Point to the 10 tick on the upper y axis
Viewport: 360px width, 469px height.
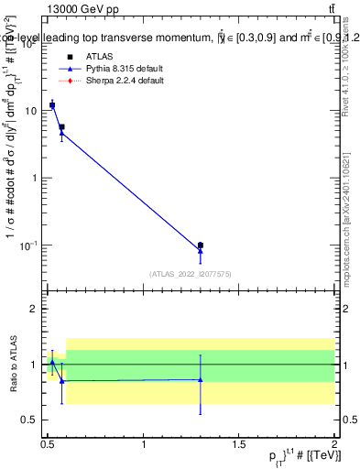34,111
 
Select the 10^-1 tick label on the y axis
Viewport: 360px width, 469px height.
32,245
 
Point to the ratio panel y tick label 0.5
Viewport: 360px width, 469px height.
32,420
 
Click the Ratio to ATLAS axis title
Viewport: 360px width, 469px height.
13,365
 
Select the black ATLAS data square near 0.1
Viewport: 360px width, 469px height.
201,245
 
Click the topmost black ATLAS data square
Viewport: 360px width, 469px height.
52,105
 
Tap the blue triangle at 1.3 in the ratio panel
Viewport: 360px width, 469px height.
201,379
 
